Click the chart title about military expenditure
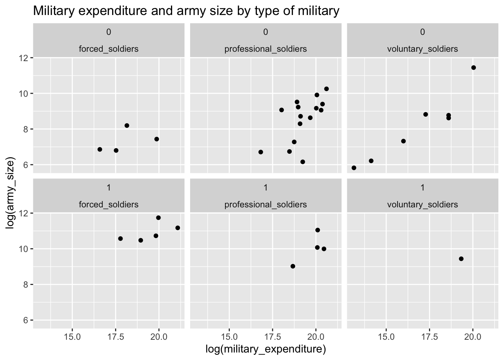[186, 11]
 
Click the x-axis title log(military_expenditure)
[265, 349]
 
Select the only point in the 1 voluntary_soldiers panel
[461, 259]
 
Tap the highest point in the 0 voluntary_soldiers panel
[473, 67]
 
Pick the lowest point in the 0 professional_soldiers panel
[303, 162]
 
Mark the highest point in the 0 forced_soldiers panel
[127, 126]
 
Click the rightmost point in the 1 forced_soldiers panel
[178, 228]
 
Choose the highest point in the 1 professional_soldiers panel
[318, 230]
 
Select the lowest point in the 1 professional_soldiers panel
[293, 266]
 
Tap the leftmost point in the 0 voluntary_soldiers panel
[354, 168]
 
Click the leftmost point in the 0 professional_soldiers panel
[261, 152]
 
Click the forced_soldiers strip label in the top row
[108, 49]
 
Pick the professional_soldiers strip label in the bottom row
[265, 204]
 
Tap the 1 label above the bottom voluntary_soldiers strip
[423, 187]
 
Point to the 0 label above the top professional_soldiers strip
[265, 32]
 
